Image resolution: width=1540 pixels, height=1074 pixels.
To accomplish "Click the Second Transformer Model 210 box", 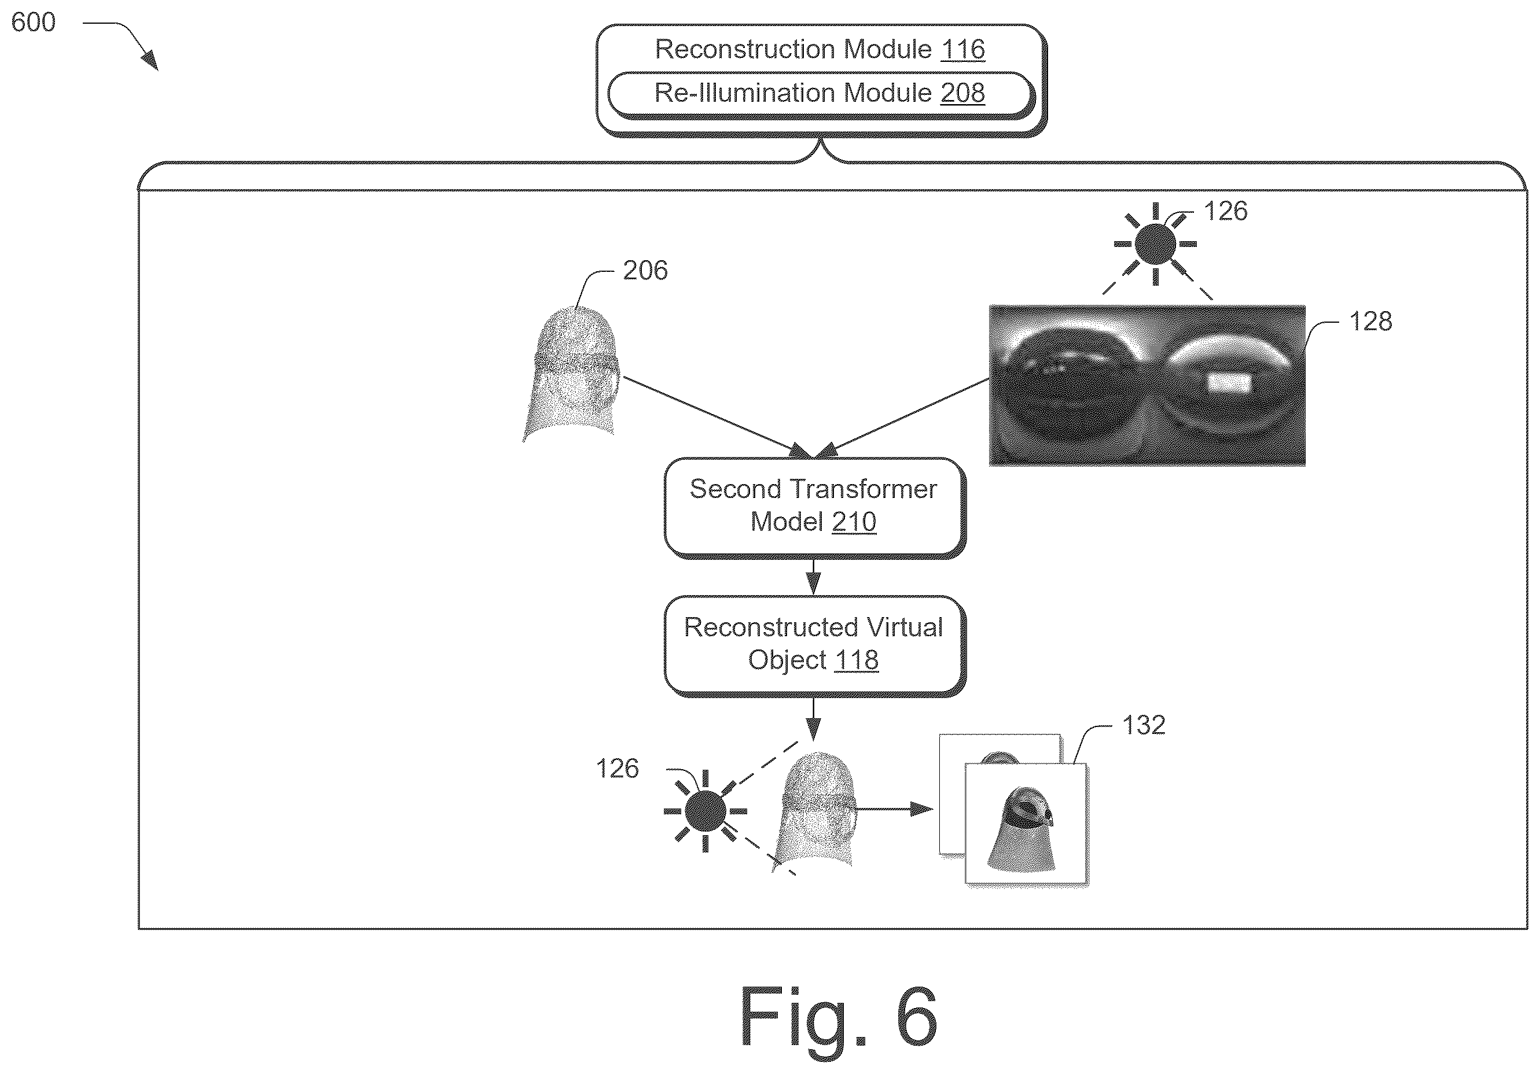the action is click(814, 507).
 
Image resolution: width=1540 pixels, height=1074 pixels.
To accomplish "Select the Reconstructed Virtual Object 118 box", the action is click(814, 645).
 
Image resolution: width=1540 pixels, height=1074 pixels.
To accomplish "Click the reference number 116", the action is click(962, 50).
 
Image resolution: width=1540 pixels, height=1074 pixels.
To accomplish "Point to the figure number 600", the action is click(34, 22).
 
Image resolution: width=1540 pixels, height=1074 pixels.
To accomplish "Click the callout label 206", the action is click(645, 270).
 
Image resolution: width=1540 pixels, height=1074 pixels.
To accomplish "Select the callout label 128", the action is click(1370, 321).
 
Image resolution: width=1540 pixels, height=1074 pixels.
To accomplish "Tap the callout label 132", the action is click(1144, 725).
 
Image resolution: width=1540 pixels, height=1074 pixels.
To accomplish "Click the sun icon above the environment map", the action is click(1155, 244).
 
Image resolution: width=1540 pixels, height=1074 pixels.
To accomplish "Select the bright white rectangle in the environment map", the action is click(1229, 383).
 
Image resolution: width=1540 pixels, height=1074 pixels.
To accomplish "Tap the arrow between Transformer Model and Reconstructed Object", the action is click(814, 577).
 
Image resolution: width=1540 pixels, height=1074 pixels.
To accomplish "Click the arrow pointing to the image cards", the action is click(894, 809).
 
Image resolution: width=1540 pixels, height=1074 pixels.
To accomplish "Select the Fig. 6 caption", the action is click(838, 1016).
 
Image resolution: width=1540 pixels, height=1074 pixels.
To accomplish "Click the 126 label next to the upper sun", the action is click(1225, 211).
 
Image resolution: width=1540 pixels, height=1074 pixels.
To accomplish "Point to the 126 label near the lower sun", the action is click(618, 769).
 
